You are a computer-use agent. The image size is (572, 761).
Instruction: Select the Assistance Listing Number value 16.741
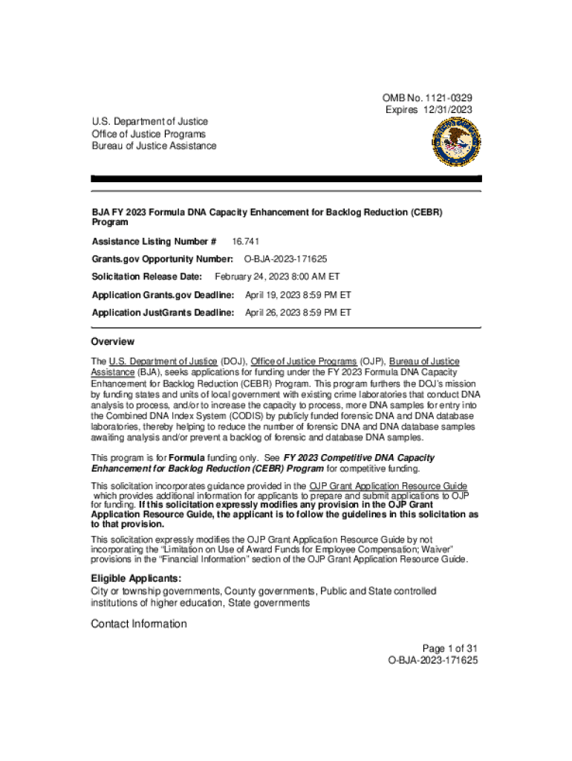pyautogui.click(x=246, y=242)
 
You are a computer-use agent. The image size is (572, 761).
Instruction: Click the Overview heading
pyautogui.click(x=113, y=342)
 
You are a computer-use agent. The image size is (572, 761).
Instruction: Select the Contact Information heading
pyautogui.click(x=139, y=624)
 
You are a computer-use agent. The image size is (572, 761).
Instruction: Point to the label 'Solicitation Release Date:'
pyautogui.click(x=147, y=276)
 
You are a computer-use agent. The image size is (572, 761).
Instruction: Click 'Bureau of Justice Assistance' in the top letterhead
pyautogui.click(x=154, y=146)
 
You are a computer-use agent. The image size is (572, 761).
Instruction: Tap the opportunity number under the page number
pyautogui.click(x=432, y=660)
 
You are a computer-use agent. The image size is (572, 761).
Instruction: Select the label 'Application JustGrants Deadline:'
pyautogui.click(x=163, y=313)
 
